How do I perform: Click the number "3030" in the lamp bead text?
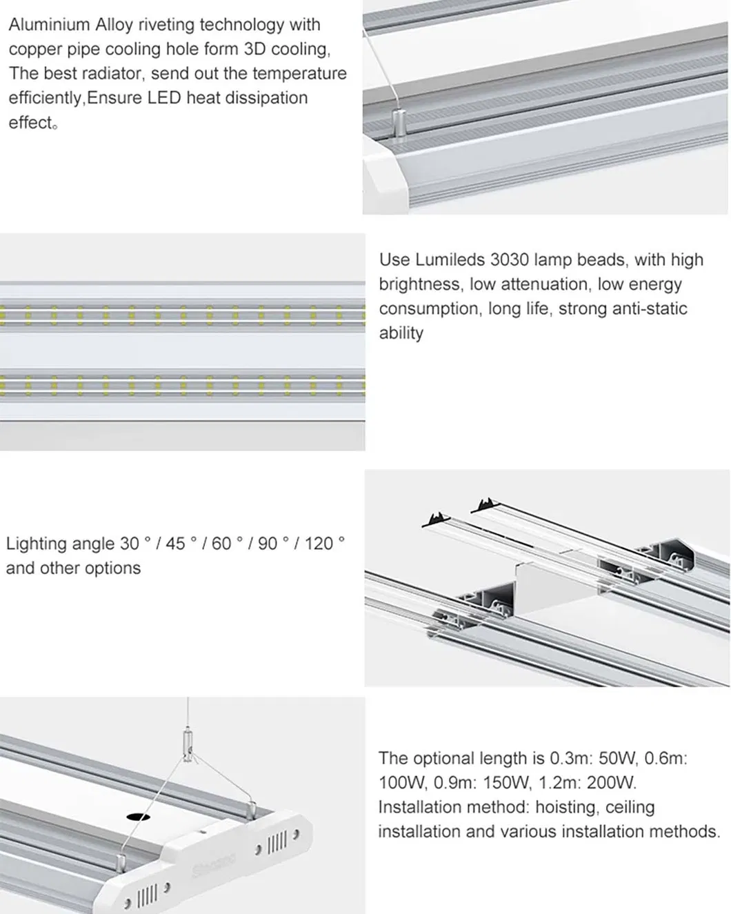coord(510,260)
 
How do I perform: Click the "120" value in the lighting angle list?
coord(319,544)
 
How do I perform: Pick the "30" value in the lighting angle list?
coord(130,544)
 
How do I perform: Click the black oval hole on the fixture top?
coord(138,817)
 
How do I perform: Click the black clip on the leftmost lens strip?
coord(437,518)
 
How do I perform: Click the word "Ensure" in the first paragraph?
coord(115,98)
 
